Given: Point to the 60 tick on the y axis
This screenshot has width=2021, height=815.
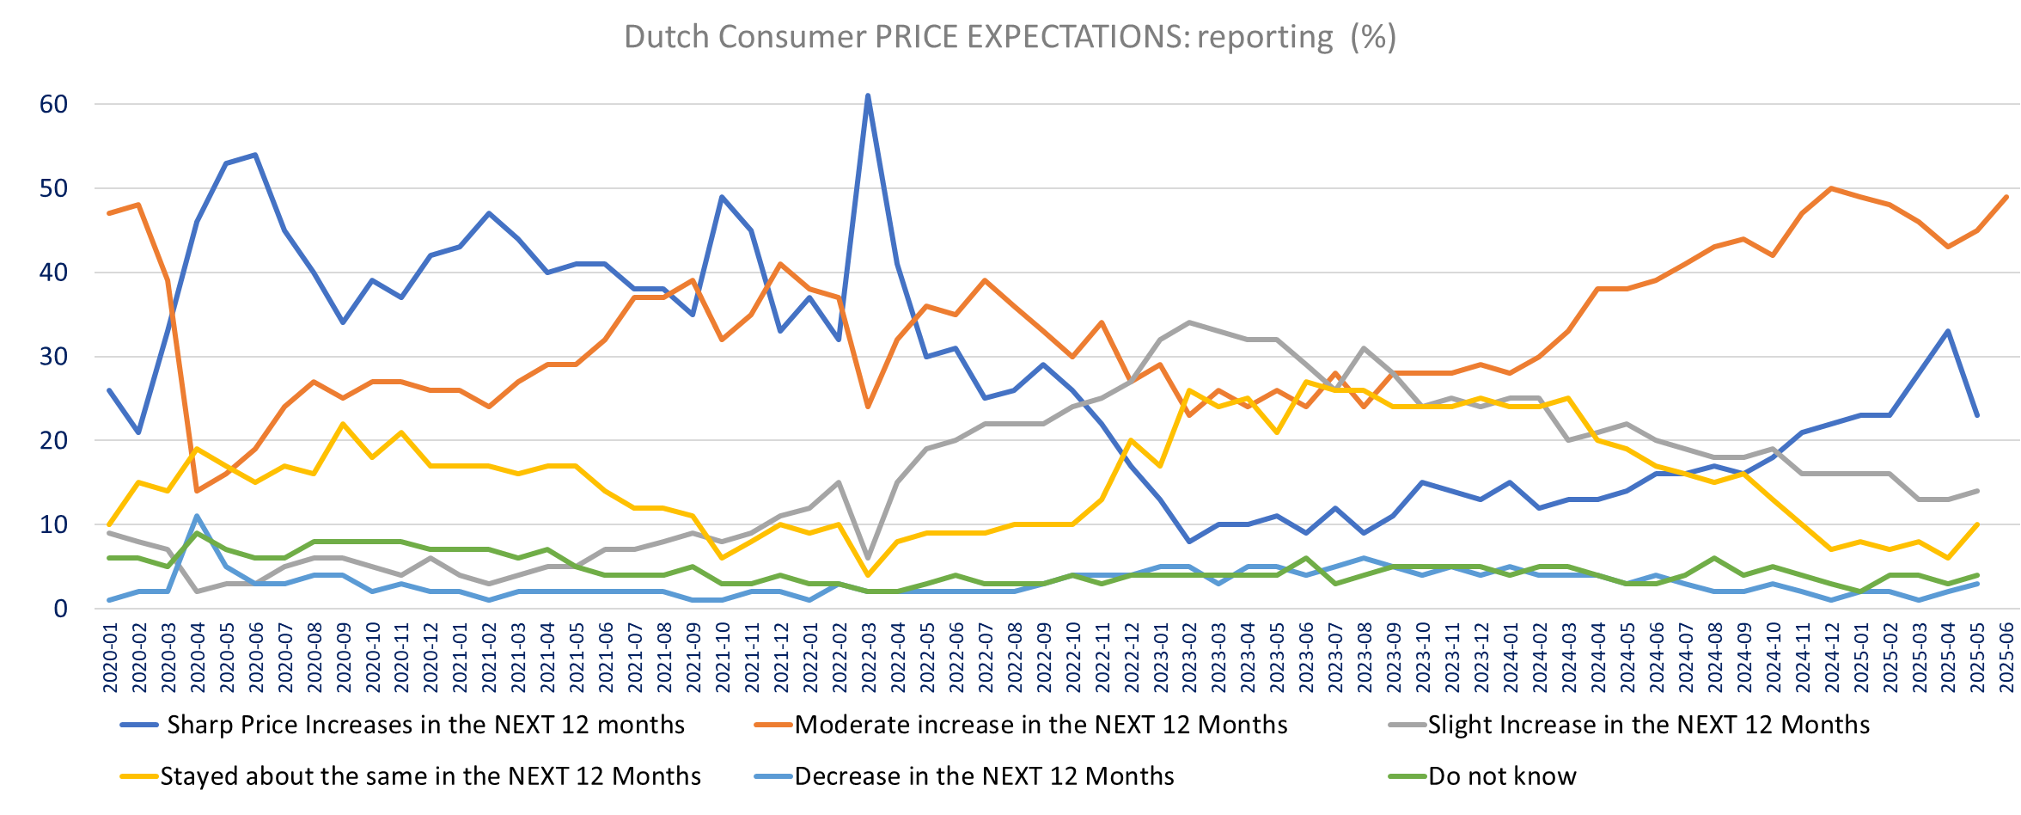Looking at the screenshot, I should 53,105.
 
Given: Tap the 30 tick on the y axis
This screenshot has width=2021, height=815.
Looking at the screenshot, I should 53,357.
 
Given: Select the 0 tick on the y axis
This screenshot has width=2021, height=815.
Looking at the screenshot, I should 60,610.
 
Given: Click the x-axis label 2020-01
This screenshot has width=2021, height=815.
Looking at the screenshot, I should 110,658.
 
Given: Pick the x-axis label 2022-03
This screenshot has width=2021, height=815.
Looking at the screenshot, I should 869,658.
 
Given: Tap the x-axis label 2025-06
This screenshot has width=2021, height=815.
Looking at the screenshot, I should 2006,658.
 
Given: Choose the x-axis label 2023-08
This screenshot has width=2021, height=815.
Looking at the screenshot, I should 1365,658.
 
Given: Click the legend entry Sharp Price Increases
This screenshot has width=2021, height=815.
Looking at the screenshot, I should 425,725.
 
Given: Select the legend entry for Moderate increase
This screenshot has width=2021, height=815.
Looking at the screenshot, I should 1041,725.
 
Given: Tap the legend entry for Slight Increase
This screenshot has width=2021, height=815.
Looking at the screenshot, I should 1648,725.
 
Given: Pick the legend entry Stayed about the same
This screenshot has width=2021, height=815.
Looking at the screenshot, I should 430,776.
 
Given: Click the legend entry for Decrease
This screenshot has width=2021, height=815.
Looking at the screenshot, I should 984,776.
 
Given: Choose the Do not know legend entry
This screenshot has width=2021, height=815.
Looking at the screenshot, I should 1502,776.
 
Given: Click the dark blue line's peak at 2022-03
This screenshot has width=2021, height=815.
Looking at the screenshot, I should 868,95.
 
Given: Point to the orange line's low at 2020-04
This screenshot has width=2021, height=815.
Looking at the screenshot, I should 198,491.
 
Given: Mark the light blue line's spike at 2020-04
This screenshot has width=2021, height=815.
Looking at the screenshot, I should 198,516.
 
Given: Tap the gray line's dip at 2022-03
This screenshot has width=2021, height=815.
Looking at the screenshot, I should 868,558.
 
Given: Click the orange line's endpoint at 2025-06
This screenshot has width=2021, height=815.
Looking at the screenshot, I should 2006,197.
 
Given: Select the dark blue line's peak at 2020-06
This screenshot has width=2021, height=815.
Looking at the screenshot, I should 256,155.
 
